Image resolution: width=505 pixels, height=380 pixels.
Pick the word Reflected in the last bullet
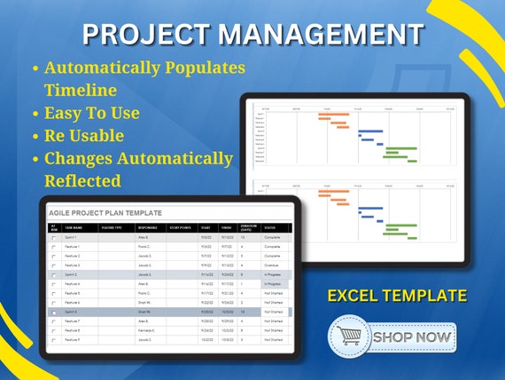[82, 180]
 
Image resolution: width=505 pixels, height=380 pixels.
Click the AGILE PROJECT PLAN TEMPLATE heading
[105, 213]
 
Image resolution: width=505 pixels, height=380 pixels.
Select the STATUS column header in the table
[272, 227]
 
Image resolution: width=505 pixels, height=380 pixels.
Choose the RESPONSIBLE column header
[148, 227]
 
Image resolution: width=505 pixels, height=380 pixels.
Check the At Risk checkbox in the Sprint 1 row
[53, 238]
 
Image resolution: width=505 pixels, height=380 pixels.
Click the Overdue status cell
[271, 265]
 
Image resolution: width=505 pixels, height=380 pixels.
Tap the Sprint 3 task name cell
[71, 312]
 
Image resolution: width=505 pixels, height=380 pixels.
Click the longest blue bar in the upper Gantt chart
[370, 131]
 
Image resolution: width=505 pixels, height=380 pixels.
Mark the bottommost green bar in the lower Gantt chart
[400, 236]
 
